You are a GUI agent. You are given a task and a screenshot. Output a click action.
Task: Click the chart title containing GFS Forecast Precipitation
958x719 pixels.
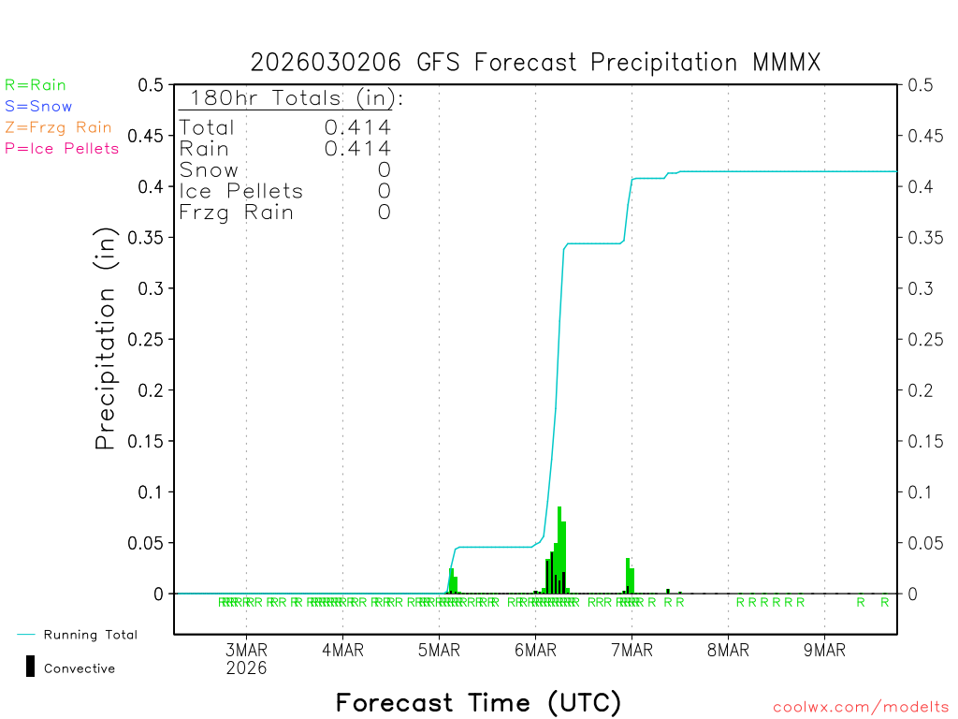click(535, 63)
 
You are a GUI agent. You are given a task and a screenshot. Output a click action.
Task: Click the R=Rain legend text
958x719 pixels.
click(36, 85)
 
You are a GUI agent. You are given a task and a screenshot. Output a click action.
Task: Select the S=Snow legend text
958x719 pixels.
click(38, 107)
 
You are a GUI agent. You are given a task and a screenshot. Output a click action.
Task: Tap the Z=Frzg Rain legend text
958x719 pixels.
click(58, 127)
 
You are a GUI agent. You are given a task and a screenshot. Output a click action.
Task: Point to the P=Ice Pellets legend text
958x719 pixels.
click(62, 148)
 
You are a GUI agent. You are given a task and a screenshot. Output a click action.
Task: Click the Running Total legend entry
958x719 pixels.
click(90, 635)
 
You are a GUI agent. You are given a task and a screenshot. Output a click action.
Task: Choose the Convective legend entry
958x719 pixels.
click(79, 668)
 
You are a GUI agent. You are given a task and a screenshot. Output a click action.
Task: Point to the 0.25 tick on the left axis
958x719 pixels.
click(150, 339)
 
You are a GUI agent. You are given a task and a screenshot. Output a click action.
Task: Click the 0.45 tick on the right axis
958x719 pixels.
click(923, 136)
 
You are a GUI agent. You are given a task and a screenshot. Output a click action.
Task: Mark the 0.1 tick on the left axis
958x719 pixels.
click(154, 492)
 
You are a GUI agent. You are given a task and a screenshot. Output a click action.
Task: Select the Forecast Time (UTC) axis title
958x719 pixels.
click(478, 702)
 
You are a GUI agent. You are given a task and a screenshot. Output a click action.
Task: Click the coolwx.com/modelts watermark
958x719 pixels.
click(861, 708)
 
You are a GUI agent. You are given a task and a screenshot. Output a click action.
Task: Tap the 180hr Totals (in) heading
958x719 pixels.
click(292, 98)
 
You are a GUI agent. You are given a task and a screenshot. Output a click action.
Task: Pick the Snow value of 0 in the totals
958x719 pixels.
click(384, 170)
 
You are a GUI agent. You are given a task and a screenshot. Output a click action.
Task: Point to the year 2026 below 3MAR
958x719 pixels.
click(246, 668)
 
